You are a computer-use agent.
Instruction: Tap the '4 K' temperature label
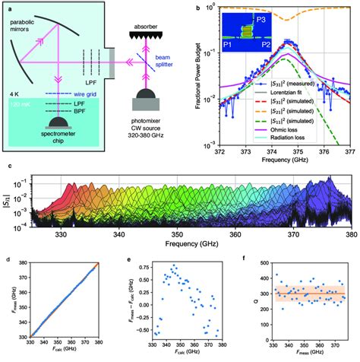(14, 83)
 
